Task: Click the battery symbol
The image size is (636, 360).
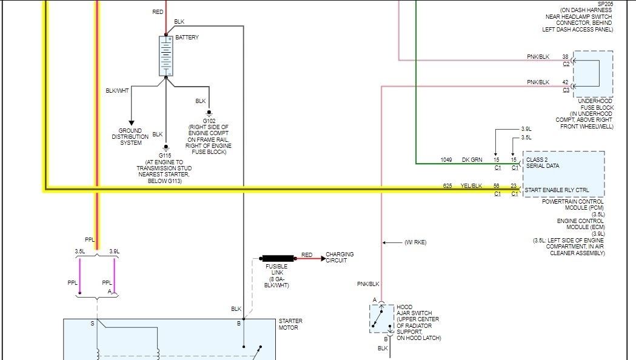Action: coord(166,56)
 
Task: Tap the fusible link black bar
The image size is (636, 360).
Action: coord(280,258)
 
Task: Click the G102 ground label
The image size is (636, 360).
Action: coord(209,121)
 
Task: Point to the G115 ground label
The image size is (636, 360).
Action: coord(166,155)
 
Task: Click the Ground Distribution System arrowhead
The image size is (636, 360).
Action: coord(131,123)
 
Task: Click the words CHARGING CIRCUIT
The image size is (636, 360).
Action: coord(340,257)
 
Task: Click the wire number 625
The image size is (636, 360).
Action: coord(447,185)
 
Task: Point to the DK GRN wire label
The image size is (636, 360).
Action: coord(472,160)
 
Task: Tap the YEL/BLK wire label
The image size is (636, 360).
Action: coord(470,185)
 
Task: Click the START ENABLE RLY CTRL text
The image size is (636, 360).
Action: coord(557,190)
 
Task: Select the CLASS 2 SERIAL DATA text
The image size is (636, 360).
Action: coord(543,162)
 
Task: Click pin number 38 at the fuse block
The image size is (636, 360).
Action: coord(565,57)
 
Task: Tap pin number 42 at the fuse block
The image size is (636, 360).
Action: coord(565,82)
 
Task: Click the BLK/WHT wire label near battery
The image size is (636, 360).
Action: coord(117,91)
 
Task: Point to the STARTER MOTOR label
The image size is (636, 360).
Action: coord(290,324)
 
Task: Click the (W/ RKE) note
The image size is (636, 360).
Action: coord(415,242)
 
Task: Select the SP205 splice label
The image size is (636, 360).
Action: coord(605,3)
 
